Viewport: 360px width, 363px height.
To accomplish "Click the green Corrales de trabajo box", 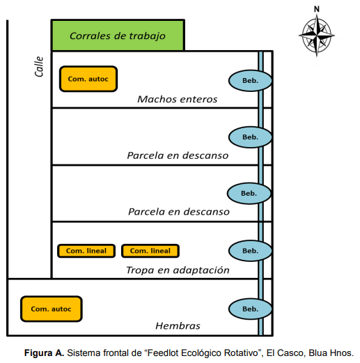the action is [118, 36].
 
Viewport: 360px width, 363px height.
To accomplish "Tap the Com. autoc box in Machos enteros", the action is [88, 79].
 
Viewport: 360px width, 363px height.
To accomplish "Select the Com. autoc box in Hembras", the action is [52, 309].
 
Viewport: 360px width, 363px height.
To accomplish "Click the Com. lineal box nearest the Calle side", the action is [86, 251].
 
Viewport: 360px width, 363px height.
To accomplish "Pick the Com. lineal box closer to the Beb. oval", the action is [150, 251].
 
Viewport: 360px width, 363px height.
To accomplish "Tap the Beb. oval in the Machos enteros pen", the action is [250, 81].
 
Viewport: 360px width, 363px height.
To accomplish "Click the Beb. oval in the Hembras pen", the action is [250, 309].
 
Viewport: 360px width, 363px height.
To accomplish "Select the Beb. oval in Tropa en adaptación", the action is [250, 251].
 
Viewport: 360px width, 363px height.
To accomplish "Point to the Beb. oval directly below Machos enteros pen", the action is [250, 137].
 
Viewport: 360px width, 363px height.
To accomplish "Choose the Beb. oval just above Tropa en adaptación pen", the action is [249, 193].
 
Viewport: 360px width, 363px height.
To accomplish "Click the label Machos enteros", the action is [178, 100].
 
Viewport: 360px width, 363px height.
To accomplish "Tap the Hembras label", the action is [178, 326].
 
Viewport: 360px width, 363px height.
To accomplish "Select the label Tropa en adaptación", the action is [178, 270].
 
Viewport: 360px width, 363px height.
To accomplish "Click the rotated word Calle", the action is [39, 66].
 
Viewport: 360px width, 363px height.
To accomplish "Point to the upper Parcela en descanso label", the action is [178, 155].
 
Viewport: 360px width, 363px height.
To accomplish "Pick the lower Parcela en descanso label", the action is [179, 212].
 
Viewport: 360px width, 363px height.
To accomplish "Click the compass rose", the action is [317, 36].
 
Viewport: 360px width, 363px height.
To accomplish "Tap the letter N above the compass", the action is [317, 9].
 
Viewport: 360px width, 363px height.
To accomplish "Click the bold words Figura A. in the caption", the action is [44, 353].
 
